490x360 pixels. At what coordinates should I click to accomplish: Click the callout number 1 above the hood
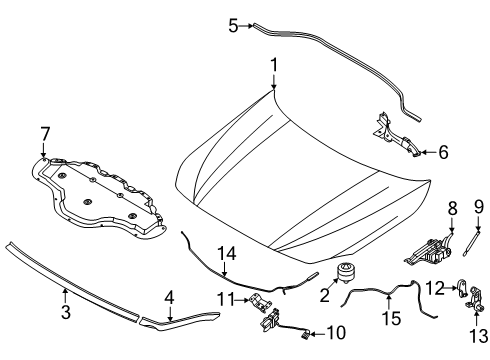pos(271,66)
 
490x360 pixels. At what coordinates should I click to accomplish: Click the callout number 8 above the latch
pos(423,236)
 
